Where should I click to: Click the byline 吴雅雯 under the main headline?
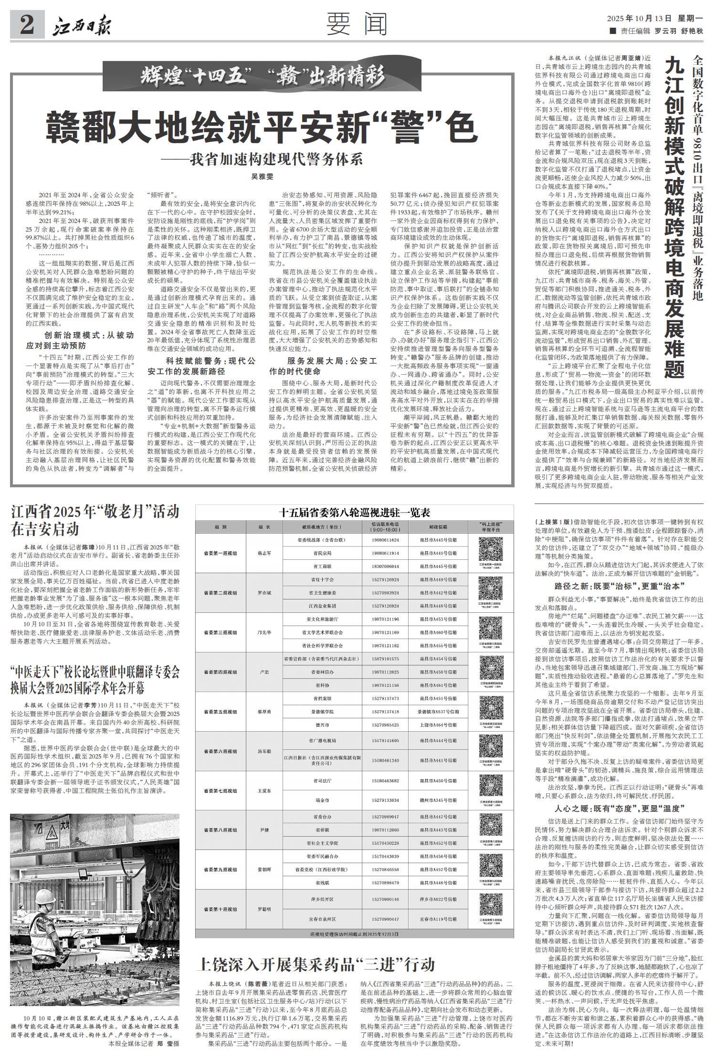262,177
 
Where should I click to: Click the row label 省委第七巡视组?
220,790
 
